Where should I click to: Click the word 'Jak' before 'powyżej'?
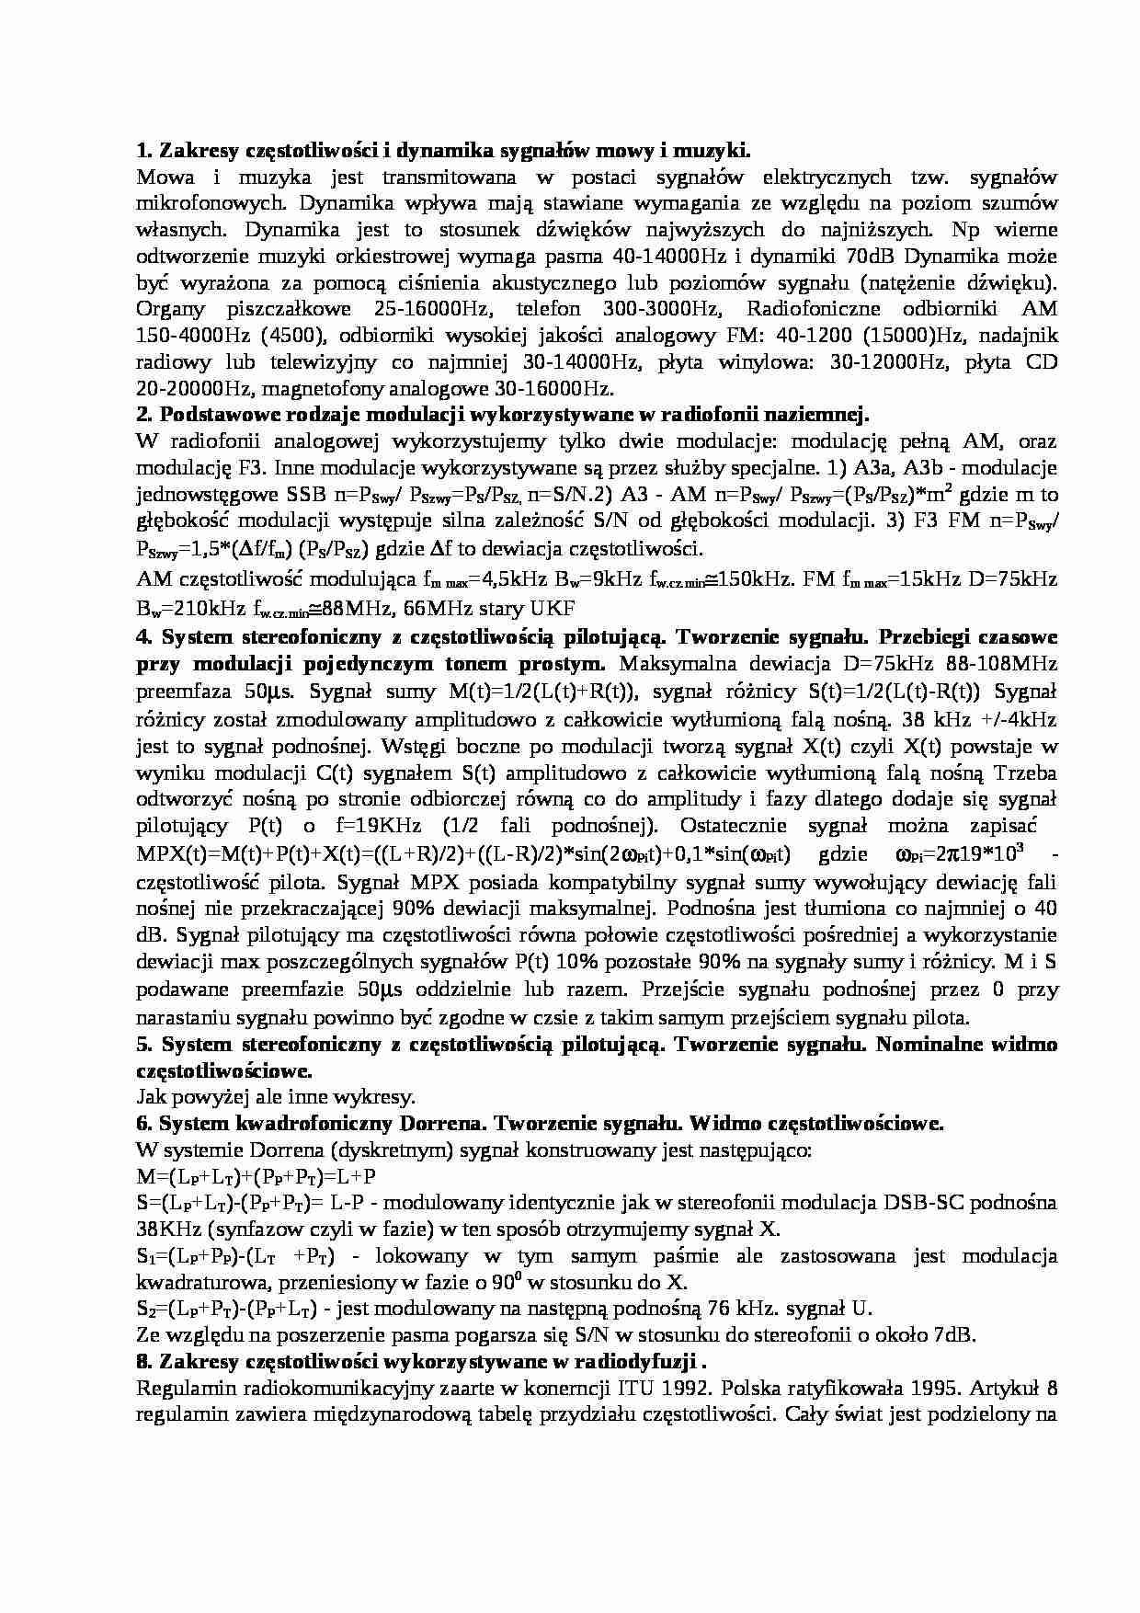(x=151, y=1096)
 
